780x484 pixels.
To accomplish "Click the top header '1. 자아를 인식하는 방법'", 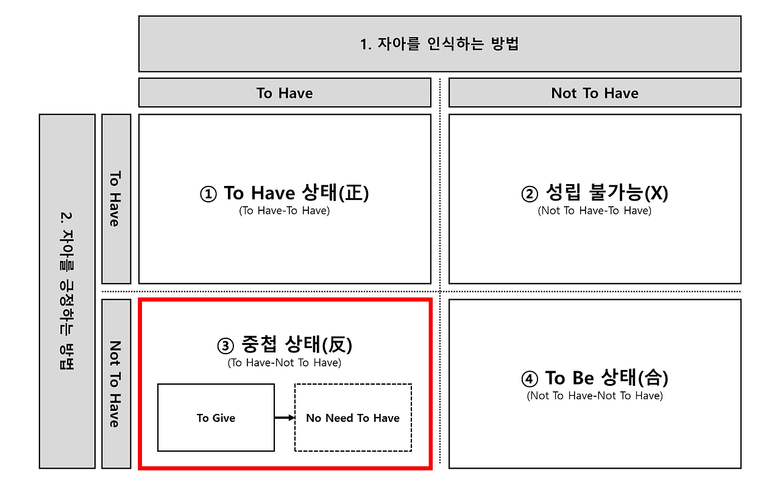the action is point(439,44).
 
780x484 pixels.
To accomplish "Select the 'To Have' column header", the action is point(285,93).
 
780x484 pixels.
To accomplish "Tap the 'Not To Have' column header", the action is point(595,93).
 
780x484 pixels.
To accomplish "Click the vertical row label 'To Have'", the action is point(116,199).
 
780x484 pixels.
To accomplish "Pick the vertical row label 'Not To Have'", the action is point(116,383).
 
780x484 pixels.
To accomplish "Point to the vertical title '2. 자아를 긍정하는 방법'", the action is point(67,291).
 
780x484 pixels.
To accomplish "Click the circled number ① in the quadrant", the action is point(208,194).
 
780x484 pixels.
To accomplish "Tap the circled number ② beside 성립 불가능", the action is point(530,194).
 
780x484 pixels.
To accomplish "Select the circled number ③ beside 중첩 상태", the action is point(225,346).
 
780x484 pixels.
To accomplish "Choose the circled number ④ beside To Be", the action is point(530,379).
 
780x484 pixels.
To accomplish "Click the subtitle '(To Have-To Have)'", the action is point(284,211).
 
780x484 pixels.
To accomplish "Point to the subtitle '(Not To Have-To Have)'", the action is point(594,211).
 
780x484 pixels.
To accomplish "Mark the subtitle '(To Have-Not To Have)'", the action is point(284,363).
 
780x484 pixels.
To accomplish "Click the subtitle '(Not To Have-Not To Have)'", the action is point(595,396).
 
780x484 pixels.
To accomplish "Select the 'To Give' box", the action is point(216,418).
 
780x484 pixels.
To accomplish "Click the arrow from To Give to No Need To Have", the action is point(285,418).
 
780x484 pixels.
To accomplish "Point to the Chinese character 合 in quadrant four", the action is point(653,378).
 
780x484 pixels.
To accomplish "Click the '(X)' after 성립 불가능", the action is point(656,193).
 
